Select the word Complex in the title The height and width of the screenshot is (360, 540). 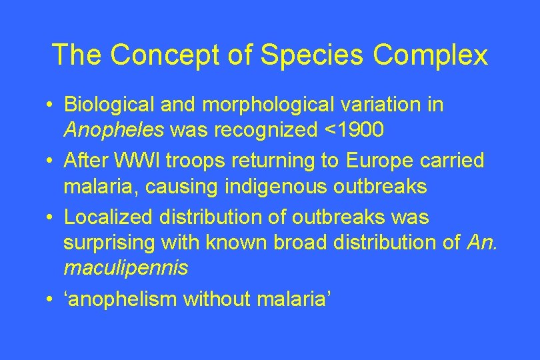pos(430,55)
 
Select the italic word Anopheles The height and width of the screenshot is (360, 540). pos(114,130)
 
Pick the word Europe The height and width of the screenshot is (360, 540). pos(369,161)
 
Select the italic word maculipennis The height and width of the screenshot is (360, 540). pos(125,268)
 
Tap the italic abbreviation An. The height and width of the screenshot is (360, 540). pos(482,243)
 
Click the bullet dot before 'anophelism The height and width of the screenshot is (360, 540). pos(50,300)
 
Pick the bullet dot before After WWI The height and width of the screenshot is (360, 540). pos(50,161)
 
